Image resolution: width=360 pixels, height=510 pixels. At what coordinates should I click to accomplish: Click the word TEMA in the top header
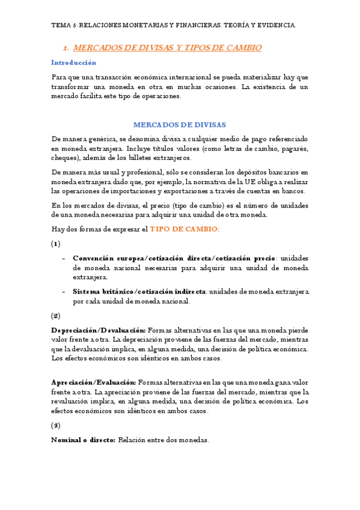(61, 25)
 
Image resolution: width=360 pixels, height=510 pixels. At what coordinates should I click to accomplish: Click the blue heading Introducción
(73, 63)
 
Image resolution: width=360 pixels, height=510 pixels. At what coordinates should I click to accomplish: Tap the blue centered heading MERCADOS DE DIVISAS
(180, 125)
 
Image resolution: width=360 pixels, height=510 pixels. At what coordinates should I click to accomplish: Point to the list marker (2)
(56, 315)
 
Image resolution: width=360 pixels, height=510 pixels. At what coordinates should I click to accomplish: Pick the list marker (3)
(56, 425)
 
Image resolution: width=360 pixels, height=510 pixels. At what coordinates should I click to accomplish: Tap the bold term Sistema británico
(100, 292)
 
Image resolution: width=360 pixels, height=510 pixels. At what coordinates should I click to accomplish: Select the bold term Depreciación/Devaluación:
(98, 330)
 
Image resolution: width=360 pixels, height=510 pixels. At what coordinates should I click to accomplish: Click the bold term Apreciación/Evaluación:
(94, 382)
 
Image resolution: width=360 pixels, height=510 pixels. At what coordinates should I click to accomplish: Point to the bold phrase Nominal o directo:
(83, 440)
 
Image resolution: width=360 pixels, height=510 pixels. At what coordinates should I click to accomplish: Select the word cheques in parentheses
(64, 158)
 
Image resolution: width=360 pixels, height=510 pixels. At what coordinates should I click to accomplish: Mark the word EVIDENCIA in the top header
(275, 25)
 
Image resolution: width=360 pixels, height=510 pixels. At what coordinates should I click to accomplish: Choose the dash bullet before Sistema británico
(64, 292)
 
